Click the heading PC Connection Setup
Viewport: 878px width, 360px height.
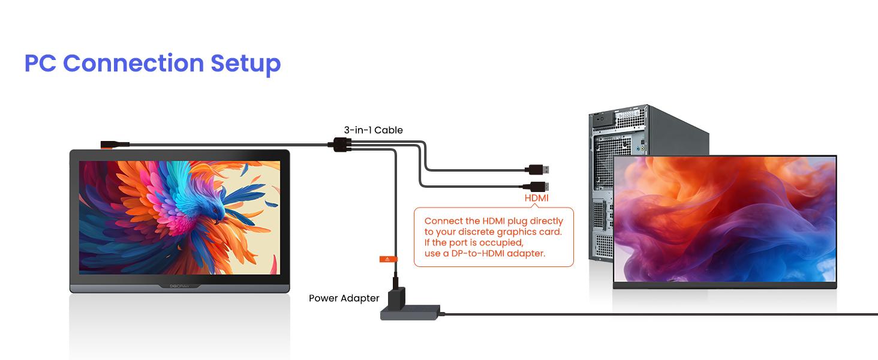point(152,63)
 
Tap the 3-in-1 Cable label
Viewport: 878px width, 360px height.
point(373,130)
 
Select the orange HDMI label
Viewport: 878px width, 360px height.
point(536,198)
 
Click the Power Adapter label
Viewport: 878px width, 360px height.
point(344,298)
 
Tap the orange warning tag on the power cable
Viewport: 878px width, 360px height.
point(388,259)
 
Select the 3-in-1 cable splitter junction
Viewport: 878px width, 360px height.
point(340,144)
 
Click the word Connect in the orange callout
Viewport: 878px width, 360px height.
point(443,221)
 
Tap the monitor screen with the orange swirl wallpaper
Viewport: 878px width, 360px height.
point(724,219)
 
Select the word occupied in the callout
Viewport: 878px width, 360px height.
point(502,242)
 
